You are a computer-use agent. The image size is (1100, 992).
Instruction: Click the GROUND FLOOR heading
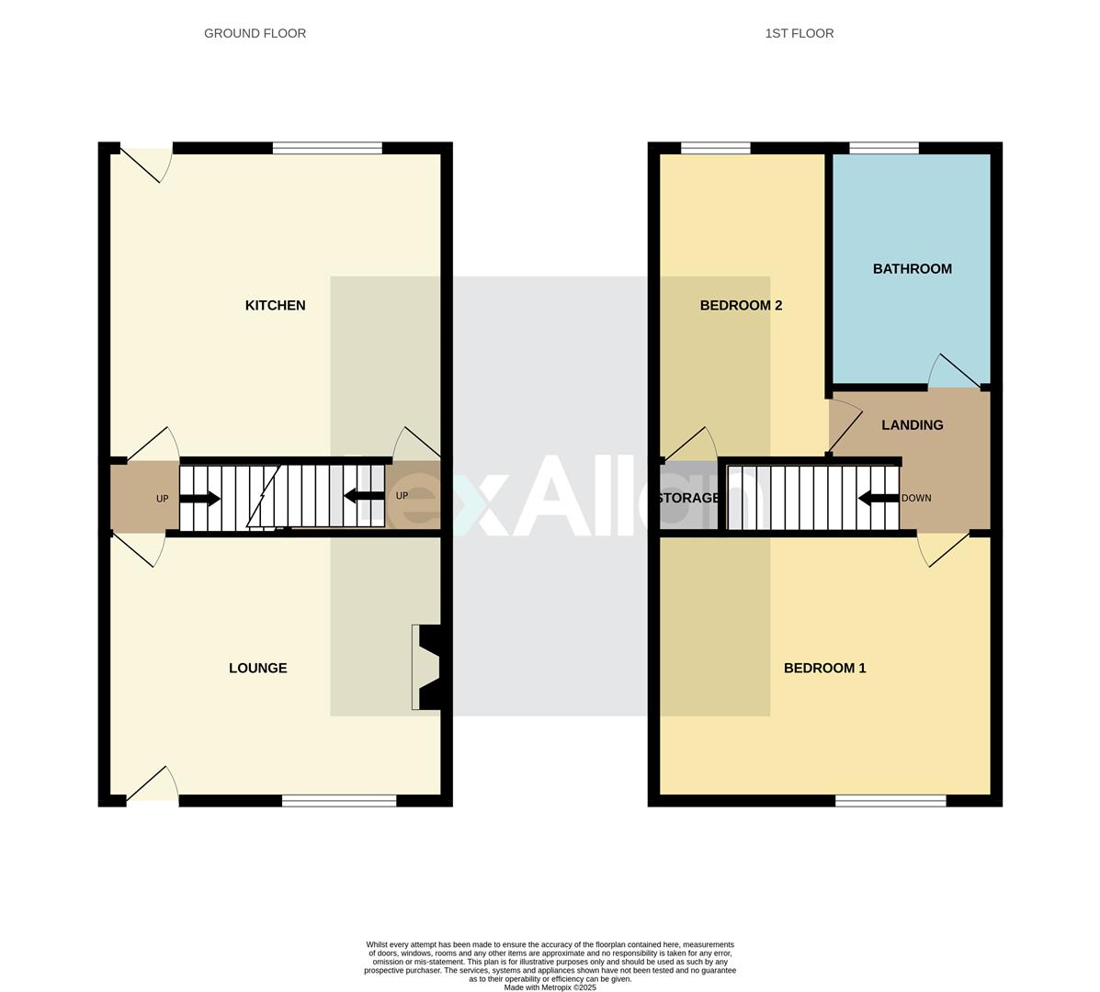255,33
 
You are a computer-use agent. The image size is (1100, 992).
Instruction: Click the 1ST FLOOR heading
799,33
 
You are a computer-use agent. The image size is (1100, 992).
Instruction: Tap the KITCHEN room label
275,305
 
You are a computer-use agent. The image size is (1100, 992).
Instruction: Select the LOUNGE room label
257,668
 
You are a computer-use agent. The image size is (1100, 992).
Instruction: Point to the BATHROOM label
912,269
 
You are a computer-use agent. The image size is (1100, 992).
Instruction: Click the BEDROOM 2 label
741,305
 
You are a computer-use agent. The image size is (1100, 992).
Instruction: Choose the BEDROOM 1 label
824,668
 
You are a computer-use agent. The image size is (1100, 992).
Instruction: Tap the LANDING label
912,425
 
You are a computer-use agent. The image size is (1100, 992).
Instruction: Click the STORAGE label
688,498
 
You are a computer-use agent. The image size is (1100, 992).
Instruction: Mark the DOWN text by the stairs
915,498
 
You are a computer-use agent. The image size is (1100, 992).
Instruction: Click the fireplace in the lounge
428,667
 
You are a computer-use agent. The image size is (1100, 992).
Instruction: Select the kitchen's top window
327,148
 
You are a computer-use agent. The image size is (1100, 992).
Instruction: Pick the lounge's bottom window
338,801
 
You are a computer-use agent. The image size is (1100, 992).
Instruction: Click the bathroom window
883,148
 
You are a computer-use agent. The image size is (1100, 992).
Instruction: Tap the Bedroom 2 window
715,148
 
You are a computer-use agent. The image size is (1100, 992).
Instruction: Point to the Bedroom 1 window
890,801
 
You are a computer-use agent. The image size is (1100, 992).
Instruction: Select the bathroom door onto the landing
954,372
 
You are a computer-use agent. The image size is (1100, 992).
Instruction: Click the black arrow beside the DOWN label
877,498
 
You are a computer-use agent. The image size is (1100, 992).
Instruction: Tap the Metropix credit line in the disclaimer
550,987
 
